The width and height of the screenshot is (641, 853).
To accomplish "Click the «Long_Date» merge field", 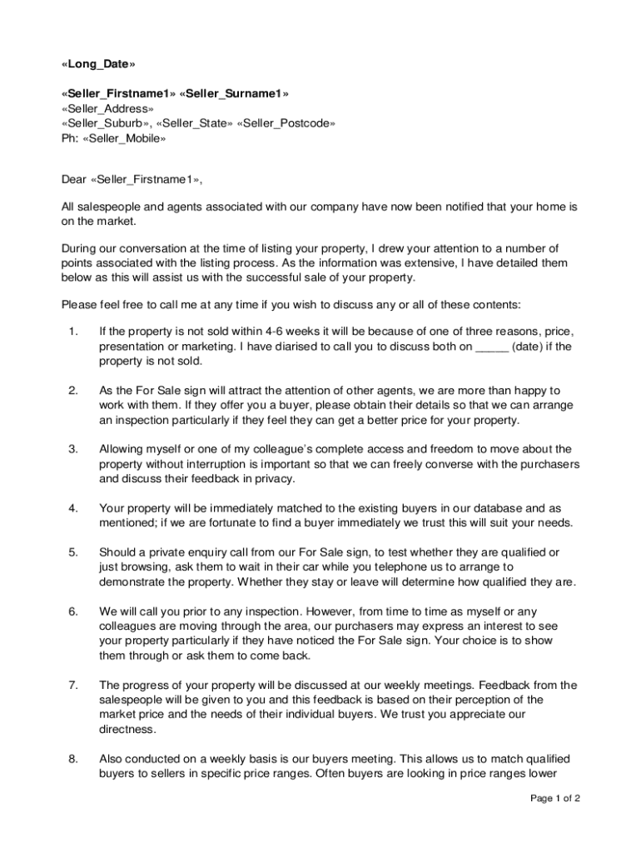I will (97, 64).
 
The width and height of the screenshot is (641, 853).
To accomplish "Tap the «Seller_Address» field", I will (107, 108).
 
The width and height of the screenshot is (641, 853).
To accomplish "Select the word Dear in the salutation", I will (75, 178).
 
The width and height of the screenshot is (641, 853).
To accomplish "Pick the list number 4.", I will (73, 507).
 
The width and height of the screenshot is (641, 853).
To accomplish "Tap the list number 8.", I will (73, 758).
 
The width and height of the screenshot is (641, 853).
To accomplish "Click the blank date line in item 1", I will (491, 347).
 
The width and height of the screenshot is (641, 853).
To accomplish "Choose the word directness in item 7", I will (127, 729).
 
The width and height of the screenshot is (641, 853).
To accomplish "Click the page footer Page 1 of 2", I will (555, 798).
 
